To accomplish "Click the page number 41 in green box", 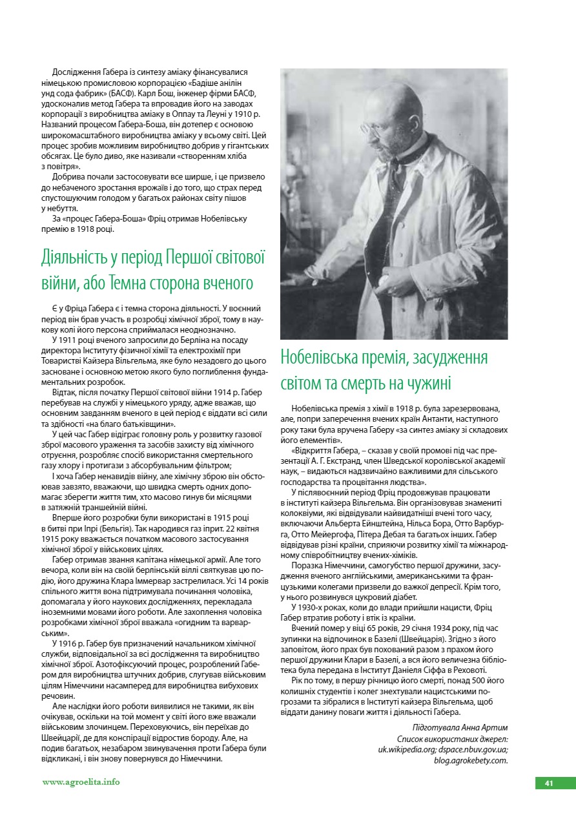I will click(549, 783).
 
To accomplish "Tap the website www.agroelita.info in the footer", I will click(81, 782).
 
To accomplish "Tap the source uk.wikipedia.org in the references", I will click(407, 750).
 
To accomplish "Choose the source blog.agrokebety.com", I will click(471, 760).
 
